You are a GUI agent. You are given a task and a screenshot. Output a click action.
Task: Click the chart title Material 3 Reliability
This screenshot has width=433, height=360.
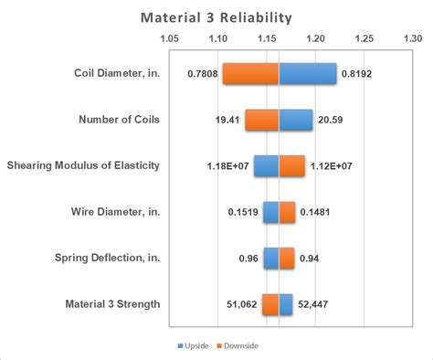pos(216,17)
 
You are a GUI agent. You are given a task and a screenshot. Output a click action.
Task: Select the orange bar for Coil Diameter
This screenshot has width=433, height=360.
pos(250,74)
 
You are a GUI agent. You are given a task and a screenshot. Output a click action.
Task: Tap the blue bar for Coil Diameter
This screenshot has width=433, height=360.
pos(307,74)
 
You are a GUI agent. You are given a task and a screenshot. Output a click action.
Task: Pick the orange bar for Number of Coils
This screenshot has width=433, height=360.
pos(261,120)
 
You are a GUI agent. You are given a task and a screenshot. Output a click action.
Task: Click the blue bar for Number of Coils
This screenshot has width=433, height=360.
pos(295,120)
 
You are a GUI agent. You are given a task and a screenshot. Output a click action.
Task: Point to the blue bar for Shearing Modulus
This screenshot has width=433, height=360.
pos(266,166)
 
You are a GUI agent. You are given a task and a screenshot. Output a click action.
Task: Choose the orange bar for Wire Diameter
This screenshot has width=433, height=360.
pos(287,212)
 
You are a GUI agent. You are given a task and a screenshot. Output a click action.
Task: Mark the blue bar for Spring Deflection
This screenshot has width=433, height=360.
pos(271,259)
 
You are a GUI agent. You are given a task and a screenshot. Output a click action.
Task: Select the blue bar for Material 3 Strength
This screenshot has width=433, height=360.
pos(286,304)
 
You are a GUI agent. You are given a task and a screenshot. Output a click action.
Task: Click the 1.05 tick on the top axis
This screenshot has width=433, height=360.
pos(169,39)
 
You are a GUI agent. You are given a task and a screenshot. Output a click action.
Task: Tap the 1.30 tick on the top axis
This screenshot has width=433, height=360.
pos(412,39)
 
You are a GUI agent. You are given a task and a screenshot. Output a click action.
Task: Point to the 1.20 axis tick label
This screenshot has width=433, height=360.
pos(315,39)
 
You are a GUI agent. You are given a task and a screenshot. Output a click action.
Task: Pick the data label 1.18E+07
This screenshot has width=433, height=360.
pos(227,166)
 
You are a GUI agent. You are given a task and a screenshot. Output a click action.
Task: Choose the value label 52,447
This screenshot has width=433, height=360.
pos(313,304)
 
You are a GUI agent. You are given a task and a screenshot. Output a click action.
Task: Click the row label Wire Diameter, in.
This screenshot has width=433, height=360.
pos(116,212)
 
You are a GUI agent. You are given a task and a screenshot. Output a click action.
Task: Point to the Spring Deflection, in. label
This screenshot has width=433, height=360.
pos(111,259)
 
